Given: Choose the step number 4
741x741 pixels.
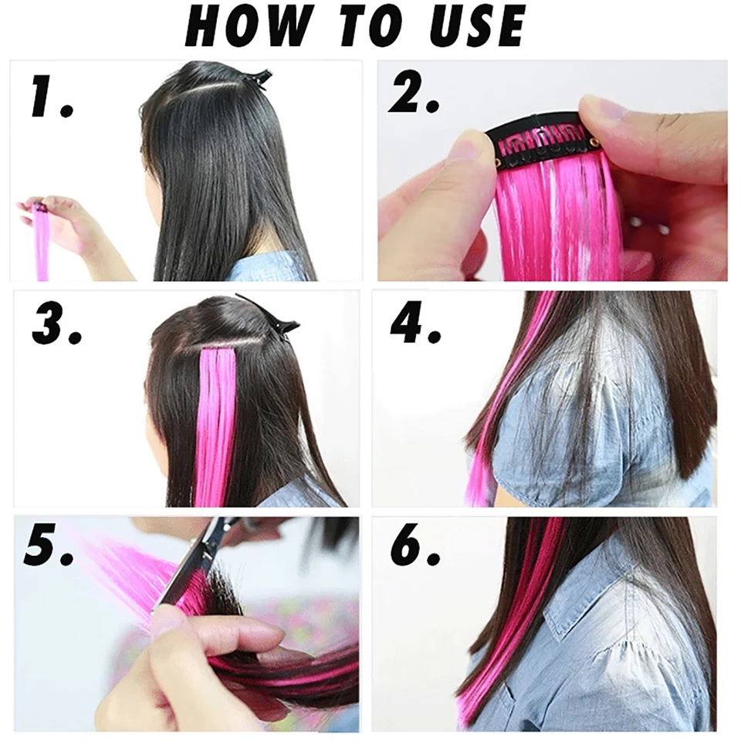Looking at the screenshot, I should (x=415, y=325).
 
